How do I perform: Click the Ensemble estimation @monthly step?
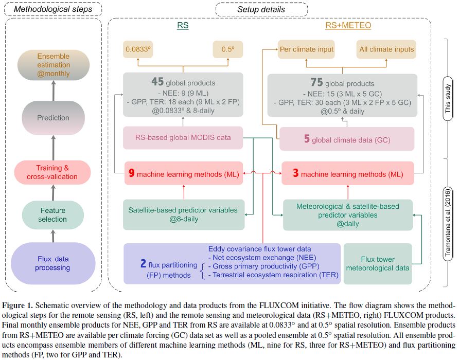click(54, 65)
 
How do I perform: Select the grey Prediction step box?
click(54, 118)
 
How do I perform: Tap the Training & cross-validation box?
click(52, 172)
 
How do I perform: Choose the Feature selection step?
click(52, 215)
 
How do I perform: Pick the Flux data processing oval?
click(53, 263)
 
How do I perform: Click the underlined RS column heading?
click(183, 26)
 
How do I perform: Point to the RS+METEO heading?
click(348, 26)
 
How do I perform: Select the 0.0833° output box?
click(138, 49)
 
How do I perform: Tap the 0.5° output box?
click(228, 49)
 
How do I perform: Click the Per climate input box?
click(306, 49)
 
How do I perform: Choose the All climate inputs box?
click(386, 49)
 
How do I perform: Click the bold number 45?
click(157, 82)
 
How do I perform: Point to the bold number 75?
click(317, 82)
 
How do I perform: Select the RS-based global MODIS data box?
click(183, 137)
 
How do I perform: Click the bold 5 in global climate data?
click(307, 138)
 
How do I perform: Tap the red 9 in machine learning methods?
click(132, 173)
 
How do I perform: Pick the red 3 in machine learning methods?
click(296, 173)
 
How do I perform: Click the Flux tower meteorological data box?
click(378, 264)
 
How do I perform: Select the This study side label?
click(448, 99)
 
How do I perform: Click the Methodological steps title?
click(53, 9)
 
